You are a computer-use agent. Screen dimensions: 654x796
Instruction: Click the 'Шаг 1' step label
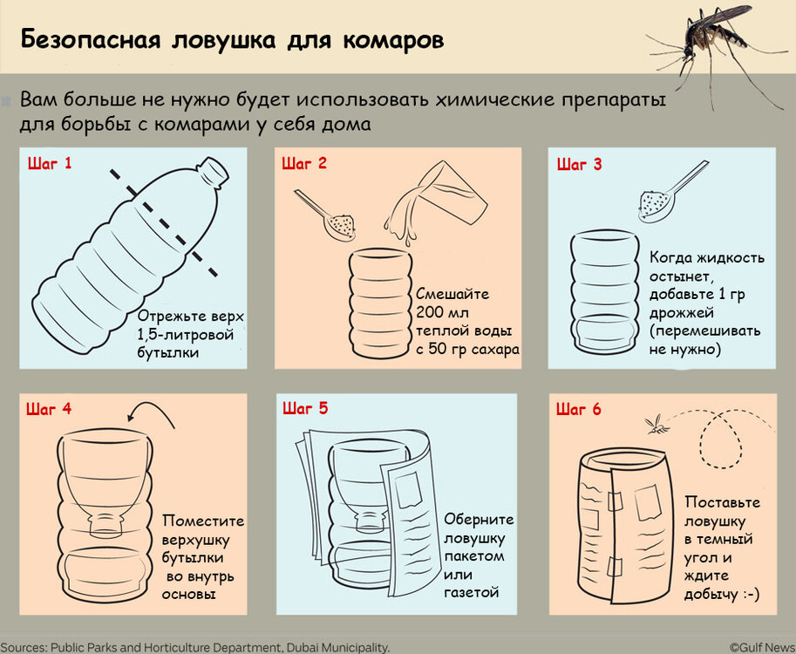click(x=51, y=163)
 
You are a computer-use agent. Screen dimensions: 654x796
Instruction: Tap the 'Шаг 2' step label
click(x=304, y=163)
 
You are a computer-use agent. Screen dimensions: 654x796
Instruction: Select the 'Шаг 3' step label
click(x=579, y=164)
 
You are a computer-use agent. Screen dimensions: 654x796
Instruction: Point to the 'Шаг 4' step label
click(x=49, y=408)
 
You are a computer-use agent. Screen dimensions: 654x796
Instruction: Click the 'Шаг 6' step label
click(x=579, y=408)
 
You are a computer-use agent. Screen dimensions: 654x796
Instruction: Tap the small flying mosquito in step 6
click(x=656, y=425)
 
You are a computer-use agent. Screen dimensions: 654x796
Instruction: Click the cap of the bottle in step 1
click(x=212, y=168)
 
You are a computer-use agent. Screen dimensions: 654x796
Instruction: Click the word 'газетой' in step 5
click(x=472, y=592)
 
